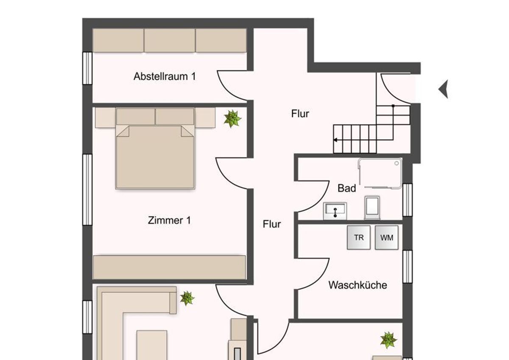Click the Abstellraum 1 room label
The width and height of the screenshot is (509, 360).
pos(165,76)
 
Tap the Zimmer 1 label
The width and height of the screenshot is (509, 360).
pos(169,220)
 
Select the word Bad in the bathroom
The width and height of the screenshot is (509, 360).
pos(347,188)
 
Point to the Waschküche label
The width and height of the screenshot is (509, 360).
pos(358,285)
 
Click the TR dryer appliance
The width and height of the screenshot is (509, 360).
pos(358,238)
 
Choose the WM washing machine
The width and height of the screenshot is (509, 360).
pos(386,238)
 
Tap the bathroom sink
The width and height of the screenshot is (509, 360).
pos(335,211)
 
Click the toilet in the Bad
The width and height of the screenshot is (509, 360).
pos(372,208)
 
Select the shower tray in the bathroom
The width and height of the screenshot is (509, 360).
pos(380,174)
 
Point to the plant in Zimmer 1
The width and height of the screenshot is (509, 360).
pos(232,119)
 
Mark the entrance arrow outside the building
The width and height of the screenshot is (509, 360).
pos(443,89)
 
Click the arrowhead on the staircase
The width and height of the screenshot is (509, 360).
pos(335,140)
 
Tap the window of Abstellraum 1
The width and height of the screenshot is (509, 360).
pos(87,68)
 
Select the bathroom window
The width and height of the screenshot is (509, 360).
pos(408,200)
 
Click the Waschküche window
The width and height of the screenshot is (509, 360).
pos(408,267)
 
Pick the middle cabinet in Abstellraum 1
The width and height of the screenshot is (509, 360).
pos(170,40)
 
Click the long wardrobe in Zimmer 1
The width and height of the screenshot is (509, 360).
pos(169,267)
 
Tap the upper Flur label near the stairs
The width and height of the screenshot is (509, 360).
pos(300,114)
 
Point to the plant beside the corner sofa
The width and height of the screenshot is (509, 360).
pos(187,298)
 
